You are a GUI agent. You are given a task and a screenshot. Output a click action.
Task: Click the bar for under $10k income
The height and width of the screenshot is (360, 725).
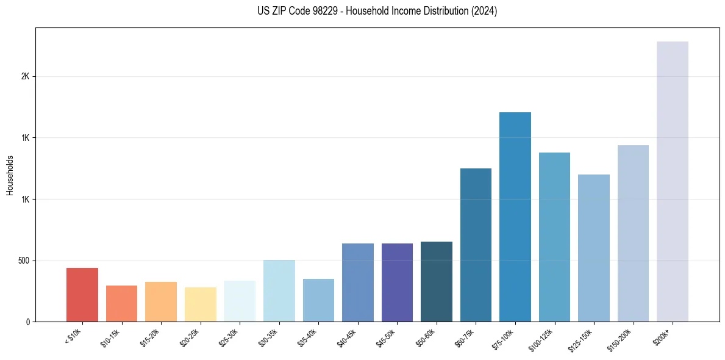click(x=82, y=295)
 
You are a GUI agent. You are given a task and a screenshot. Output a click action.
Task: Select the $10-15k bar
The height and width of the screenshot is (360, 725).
click(x=121, y=303)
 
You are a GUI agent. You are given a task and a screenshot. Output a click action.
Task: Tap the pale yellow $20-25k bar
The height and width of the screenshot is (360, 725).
click(x=201, y=304)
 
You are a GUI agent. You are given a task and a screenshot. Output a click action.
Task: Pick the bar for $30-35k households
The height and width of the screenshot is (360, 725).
click(x=279, y=291)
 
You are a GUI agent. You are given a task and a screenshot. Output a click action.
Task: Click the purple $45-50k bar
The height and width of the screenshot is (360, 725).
click(x=397, y=283)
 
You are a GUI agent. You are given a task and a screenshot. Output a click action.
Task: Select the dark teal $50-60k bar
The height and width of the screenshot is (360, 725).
click(x=437, y=282)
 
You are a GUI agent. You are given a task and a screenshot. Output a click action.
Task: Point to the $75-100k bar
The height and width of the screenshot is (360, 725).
click(x=515, y=217)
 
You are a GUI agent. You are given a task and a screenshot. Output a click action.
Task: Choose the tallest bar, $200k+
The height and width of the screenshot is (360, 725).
click(x=673, y=182)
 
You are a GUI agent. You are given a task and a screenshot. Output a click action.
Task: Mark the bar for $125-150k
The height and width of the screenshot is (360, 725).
click(x=594, y=248)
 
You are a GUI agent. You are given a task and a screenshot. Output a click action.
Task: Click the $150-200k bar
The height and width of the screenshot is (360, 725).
click(x=633, y=234)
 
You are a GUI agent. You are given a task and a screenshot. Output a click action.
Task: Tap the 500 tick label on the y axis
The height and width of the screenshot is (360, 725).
click(x=23, y=261)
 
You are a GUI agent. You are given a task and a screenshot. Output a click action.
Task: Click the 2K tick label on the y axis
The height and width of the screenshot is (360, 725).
click(x=25, y=77)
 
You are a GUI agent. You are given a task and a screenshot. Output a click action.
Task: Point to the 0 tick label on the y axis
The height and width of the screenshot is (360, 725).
click(x=28, y=322)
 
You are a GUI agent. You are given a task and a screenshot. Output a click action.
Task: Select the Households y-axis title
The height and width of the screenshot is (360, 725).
click(x=10, y=175)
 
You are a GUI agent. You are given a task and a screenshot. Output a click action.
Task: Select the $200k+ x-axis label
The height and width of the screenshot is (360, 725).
click(x=669, y=335)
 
